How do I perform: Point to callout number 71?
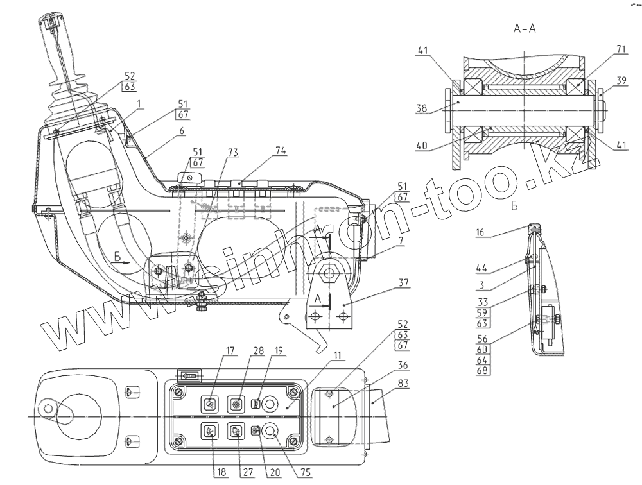[603, 49]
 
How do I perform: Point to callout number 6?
[182, 130]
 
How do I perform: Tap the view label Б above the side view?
[514, 207]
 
